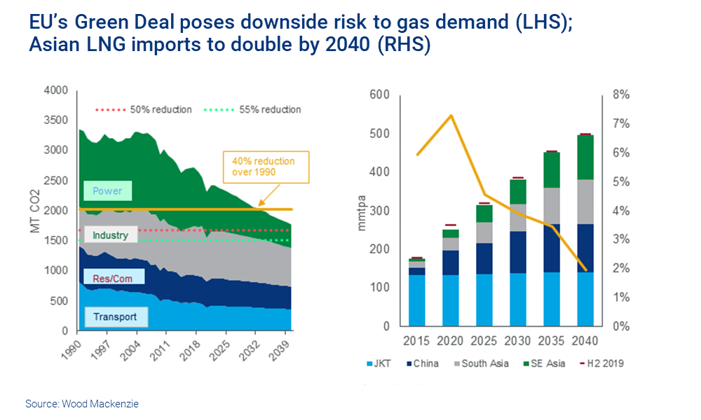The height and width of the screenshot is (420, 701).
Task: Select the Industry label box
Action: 111,235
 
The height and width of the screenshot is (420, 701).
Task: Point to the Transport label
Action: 115,317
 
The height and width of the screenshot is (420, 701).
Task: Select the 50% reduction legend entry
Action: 144,110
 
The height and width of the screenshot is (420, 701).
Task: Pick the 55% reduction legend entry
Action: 254,110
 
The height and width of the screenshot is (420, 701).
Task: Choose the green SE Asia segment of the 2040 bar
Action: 580,157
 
